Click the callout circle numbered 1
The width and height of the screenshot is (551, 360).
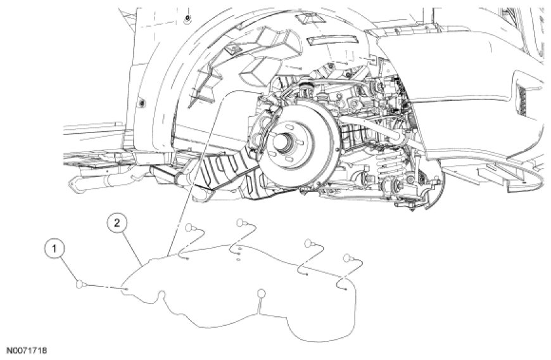(x=54, y=249)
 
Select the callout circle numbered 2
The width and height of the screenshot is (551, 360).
(x=117, y=222)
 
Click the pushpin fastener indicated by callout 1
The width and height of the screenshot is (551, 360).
(x=81, y=284)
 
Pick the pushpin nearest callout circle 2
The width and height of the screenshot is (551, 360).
(x=190, y=227)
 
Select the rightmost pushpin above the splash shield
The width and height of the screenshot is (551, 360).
(x=348, y=258)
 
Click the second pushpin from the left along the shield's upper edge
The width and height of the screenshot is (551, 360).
(x=241, y=222)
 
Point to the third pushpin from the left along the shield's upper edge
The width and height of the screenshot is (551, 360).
(x=308, y=243)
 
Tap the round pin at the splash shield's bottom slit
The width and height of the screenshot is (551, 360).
(x=262, y=293)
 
